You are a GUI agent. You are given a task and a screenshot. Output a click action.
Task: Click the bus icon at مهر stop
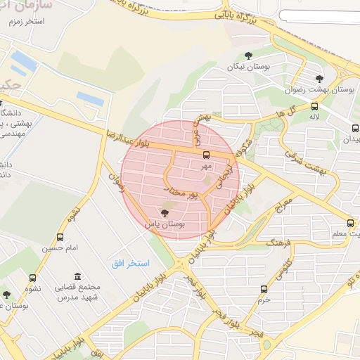[206, 155]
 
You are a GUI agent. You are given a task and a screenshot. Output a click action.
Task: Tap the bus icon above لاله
[314, 106]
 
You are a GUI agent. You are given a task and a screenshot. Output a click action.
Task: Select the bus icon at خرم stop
[264, 289]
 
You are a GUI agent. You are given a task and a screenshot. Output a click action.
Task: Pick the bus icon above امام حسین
[60, 237]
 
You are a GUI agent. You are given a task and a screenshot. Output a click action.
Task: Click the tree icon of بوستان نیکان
[247, 55]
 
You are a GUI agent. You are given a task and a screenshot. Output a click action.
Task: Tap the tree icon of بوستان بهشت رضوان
[319, 79]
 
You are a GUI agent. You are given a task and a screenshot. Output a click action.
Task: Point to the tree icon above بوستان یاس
[165, 212]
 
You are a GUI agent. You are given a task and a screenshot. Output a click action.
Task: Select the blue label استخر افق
[130, 262]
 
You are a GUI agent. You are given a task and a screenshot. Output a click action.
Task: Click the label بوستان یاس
[165, 223]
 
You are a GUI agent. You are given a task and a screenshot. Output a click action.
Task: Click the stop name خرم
[264, 299]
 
